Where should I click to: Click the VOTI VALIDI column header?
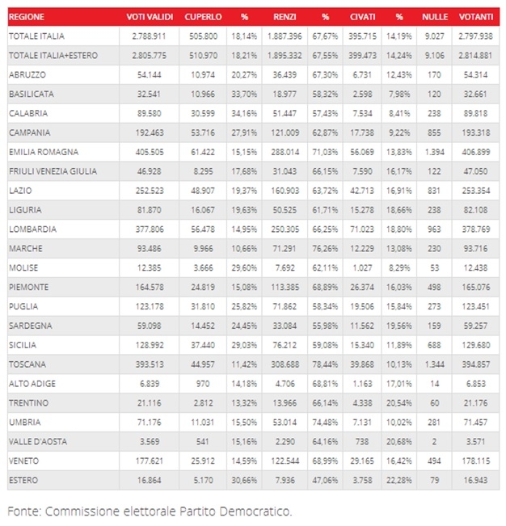[x=150, y=17]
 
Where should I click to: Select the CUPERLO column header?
[x=203, y=17]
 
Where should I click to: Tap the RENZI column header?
[x=285, y=17]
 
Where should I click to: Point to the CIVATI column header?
[x=362, y=17]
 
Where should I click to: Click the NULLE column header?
[x=435, y=17]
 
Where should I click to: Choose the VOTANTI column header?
[x=476, y=17]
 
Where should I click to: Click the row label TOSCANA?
[x=27, y=364]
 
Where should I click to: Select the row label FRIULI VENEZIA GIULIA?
[x=53, y=171]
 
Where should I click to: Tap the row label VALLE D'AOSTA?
[x=38, y=441]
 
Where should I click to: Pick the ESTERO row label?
[x=23, y=480]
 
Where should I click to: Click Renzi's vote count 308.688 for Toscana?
[x=285, y=364]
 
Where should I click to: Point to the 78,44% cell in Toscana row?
[x=325, y=364]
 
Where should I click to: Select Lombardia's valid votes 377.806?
[x=150, y=229]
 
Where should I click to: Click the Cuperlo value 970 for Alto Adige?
[x=203, y=384]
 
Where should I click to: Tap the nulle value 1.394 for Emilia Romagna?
[x=435, y=152]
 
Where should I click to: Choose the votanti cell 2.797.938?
[x=476, y=36]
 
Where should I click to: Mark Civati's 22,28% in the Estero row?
[x=399, y=480]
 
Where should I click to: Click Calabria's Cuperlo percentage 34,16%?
[x=244, y=113]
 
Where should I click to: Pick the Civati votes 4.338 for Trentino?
[x=362, y=403]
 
